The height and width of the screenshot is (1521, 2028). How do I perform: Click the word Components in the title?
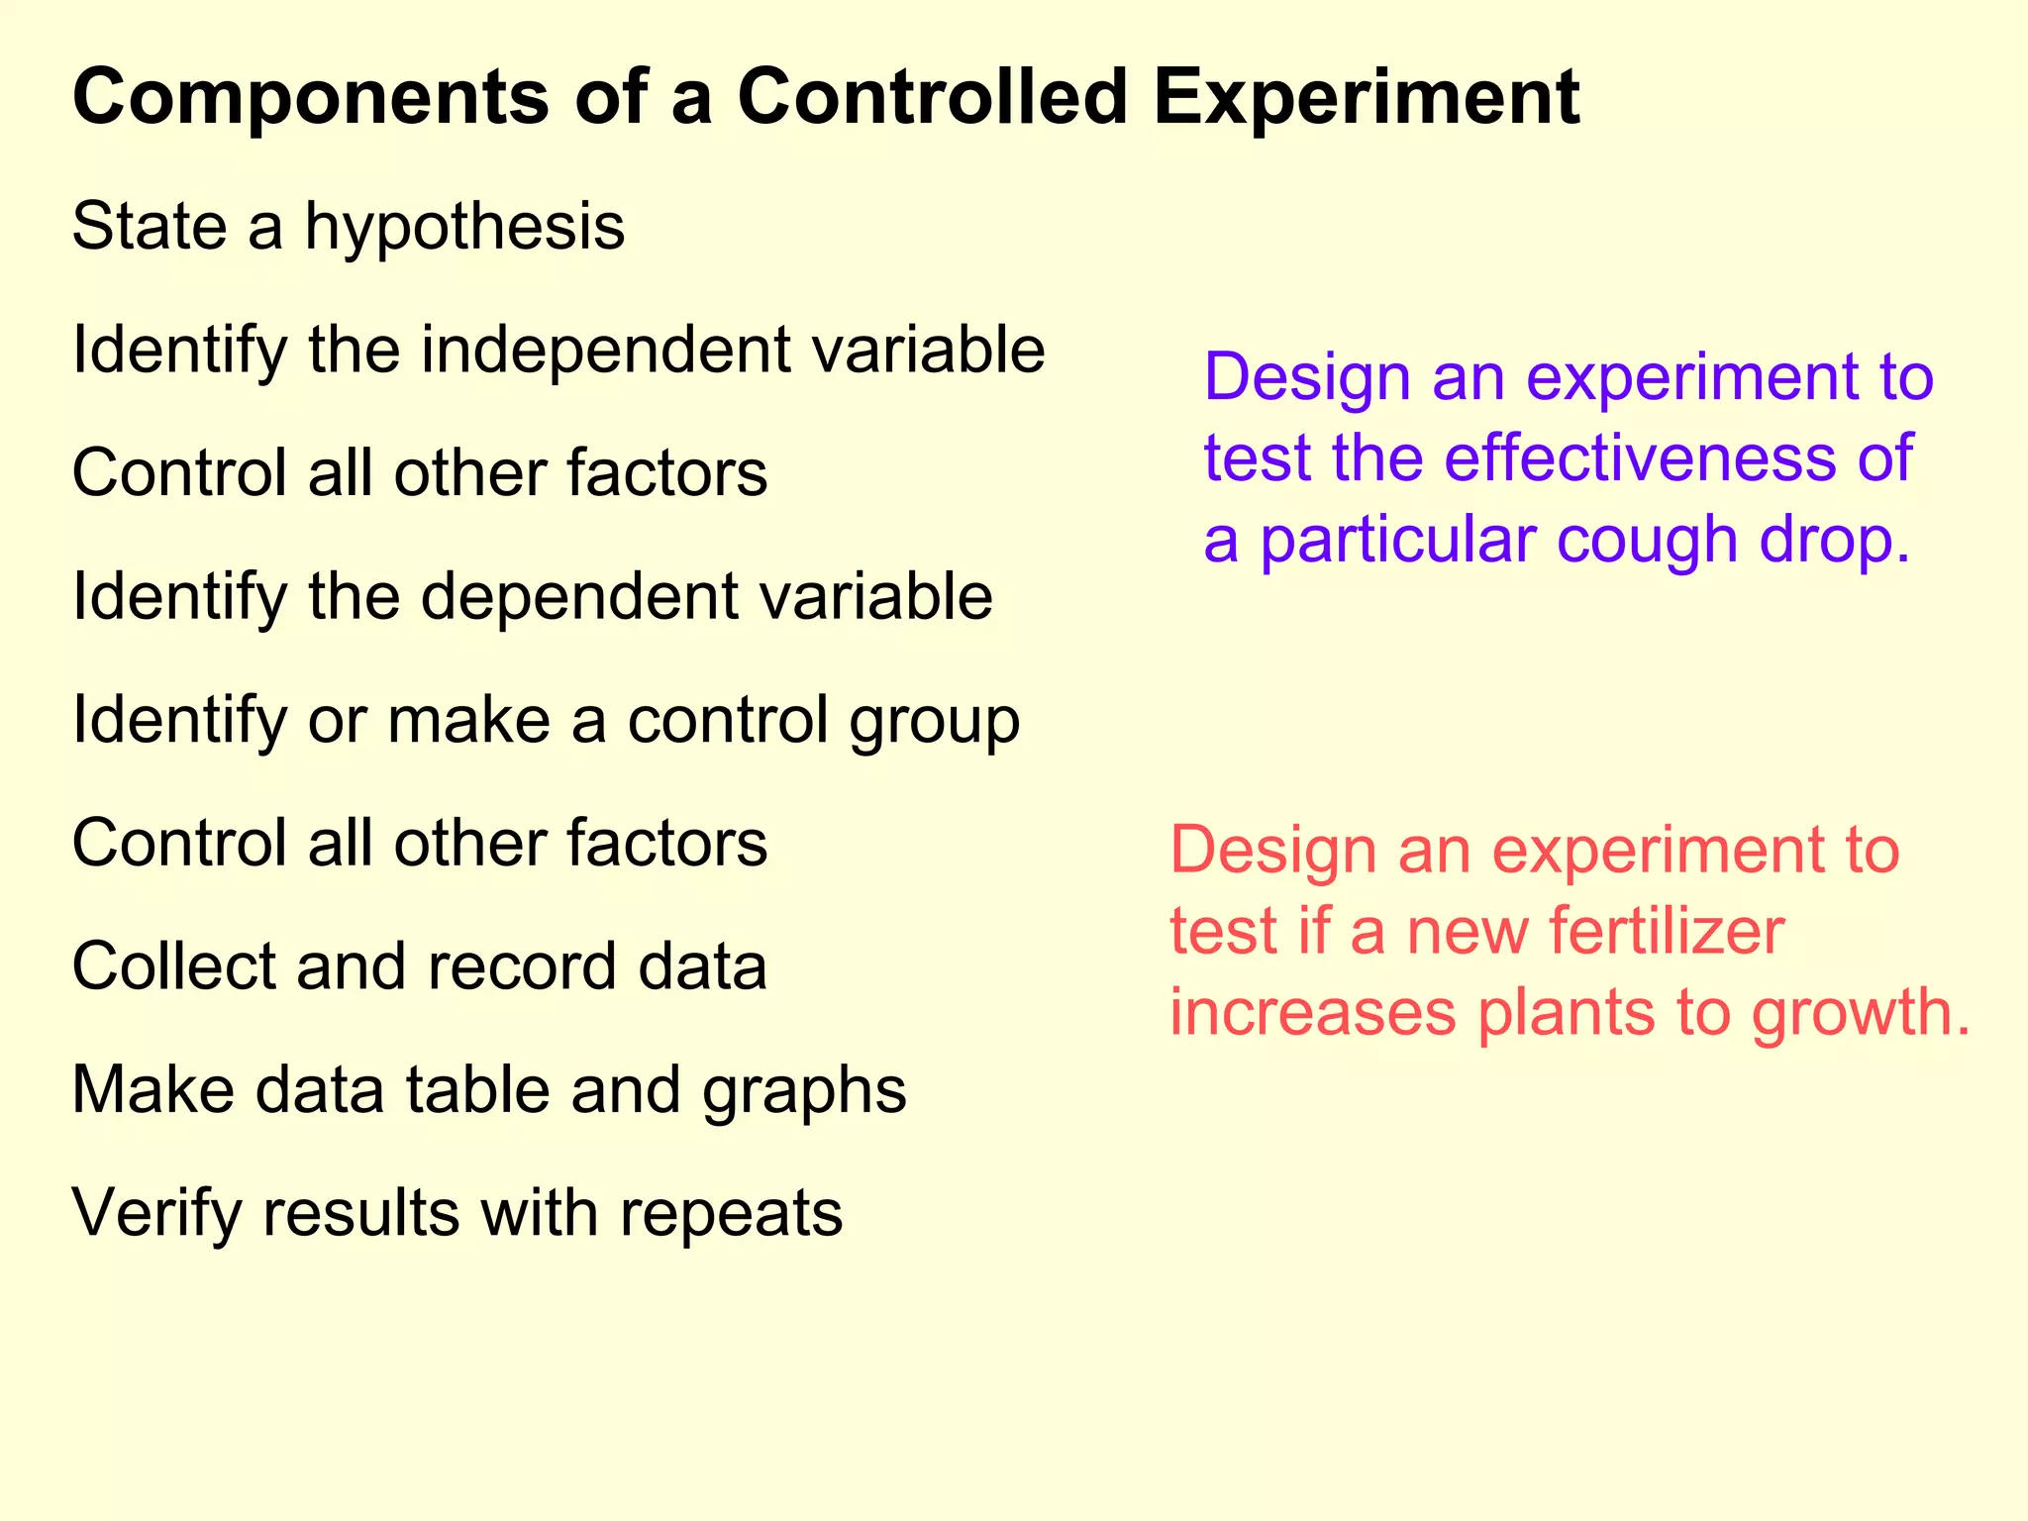coord(310,99)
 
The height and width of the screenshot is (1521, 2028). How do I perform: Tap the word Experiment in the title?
coord(1367,99)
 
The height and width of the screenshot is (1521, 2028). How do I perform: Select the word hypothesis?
coord(464,228)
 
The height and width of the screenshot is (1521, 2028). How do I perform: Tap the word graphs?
coord(804,1091)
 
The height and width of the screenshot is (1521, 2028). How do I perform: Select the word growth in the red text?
coord(1862,1013)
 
